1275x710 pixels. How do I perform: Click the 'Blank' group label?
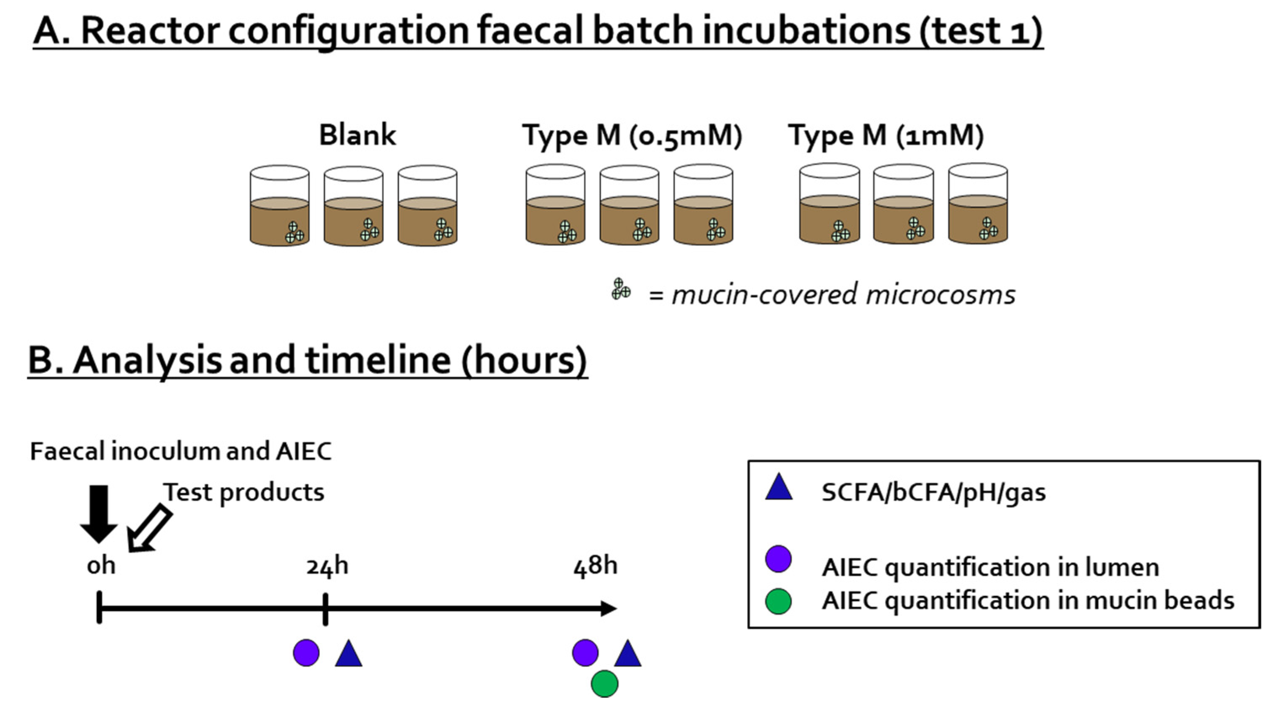coord(358,135)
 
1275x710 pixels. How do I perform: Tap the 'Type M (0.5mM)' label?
coord(632,136)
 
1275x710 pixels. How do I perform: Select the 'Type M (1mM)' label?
coord(886,136)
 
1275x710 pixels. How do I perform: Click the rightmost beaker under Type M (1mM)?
coord(978,204)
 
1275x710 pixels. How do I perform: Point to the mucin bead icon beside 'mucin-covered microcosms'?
coord(620,289)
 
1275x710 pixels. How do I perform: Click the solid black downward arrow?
coord(99,514)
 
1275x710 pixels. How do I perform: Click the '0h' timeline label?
coord(101,565)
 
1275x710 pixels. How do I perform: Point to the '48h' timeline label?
coord(595,565)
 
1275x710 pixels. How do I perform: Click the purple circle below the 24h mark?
coord(306,653)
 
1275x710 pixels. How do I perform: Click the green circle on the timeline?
coord(604,684)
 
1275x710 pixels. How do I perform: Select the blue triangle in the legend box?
coord(779,488)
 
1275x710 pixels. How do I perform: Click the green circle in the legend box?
coord(778,601)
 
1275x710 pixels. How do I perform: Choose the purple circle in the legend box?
coord(778,559)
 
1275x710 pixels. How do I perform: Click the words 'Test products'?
coord(244,492)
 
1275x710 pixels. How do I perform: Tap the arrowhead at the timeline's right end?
coord(609,608)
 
